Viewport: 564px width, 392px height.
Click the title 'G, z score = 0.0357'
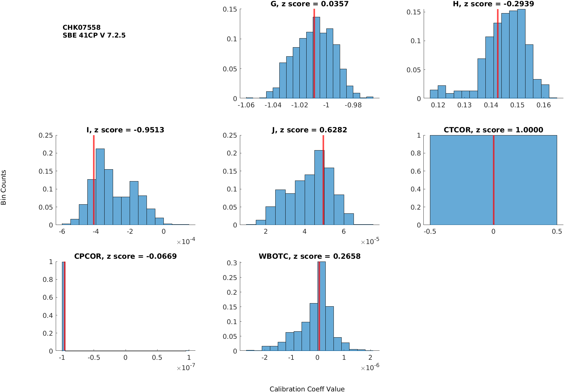pyautogui.click(x=309, y=4)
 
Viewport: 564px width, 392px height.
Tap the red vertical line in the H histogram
pyautogui.click(x=498, y=53)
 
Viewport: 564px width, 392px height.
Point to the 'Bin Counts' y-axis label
pyautogui.click(x=4, y=187)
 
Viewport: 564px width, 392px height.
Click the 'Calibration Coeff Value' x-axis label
pyautogui.click(x=307, y=389)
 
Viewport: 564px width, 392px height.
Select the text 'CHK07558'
pyautogui.click(x=81, y=28)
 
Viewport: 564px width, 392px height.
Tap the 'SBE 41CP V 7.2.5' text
pyautogui.click(x=94, y=35)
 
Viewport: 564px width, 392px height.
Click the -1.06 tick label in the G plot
pyautogui.click(x=246, y=105)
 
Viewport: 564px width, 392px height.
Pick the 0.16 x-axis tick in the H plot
pyautogui.click(x=543, y=105)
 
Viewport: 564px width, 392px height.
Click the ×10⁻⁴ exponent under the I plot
pyautogui.click(x=186, y=242)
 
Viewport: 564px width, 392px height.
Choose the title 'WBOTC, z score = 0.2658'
pyautogui.click(x=309, y=256)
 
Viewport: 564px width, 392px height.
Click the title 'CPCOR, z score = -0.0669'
pyautogui.click(x=125, y=256)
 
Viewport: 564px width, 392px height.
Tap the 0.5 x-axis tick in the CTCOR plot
pyautogui.click(x=556, y=232)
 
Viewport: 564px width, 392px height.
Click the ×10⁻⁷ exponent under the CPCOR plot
pyautogui.click(x=186, y=368)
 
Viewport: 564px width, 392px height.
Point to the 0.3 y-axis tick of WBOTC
pyautogui.click(x=232, y=263)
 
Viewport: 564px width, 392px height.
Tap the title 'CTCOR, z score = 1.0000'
pyautogui.click(x=493, y=130)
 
